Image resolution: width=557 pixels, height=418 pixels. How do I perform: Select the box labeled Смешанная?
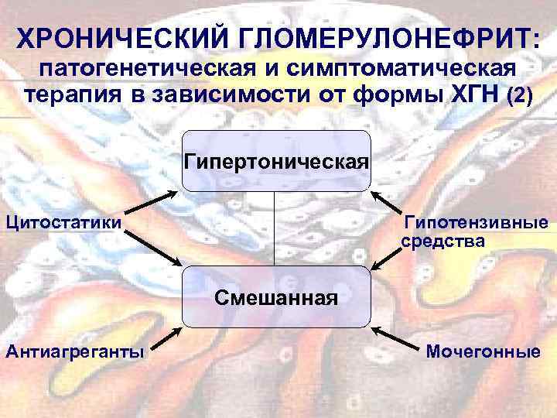point(276,296)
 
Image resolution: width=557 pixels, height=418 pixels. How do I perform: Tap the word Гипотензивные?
point(477,224)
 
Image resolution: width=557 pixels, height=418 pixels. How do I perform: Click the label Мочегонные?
point(484,352)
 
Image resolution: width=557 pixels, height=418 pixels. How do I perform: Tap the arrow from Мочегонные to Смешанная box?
point(394,336)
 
